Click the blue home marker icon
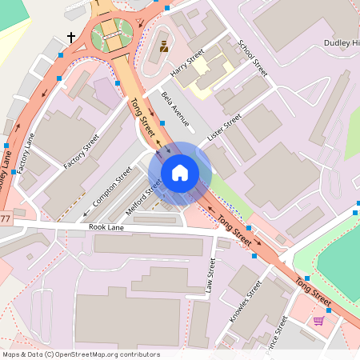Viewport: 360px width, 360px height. coord(180,172)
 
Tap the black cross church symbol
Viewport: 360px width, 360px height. coord(71,37)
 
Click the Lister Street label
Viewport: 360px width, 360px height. coord(224,129)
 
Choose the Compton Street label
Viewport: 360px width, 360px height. coord(112,186)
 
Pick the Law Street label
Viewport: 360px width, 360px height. coord(210,275)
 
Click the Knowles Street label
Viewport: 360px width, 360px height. coord(246,301)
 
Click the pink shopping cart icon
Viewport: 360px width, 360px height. coord(318,321)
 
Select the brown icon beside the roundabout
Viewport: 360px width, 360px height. coord(164,46)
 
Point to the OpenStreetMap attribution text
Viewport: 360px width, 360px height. coord(81,354)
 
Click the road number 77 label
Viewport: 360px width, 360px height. coord(6,218)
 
